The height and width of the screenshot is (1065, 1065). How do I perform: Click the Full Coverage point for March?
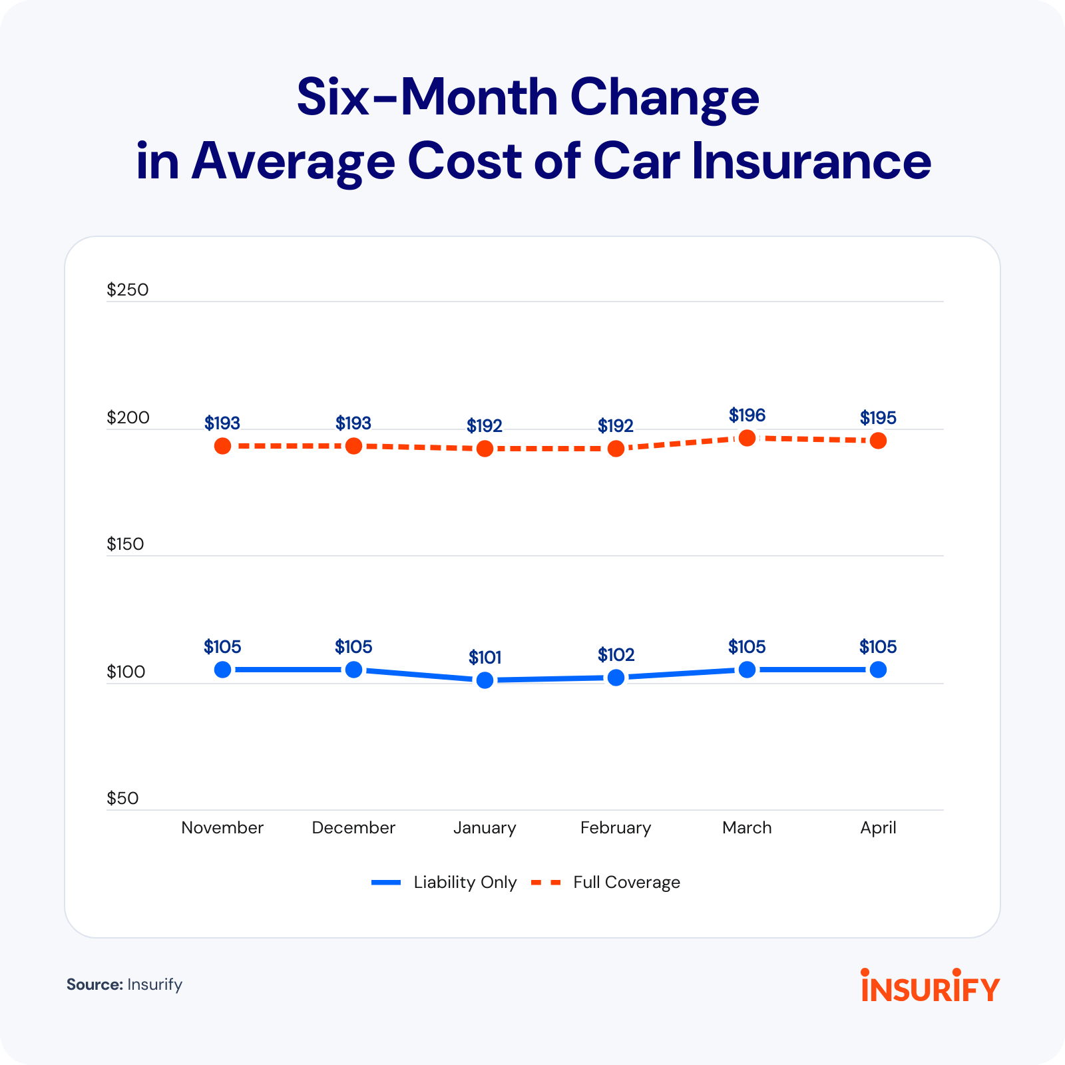[x=747, y=438]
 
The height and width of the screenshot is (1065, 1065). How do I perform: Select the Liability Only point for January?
[x=485, y=680]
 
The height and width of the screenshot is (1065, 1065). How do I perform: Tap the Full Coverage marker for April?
[x=878, y=441]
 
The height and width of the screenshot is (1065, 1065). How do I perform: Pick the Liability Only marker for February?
[x=616, y=678]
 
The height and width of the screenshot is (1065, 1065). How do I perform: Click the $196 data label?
[x=747, y=415]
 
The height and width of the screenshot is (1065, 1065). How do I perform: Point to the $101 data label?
[x=485, y=658]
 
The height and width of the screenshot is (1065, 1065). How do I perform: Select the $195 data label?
[x=878, y=418]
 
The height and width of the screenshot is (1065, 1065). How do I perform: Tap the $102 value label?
[x=616, y=655]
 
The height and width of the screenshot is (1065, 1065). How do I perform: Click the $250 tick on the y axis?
[x=128, y=290]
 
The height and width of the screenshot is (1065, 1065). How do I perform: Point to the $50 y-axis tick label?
[x=122, y=798]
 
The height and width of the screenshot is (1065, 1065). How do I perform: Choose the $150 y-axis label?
[x=125, y=544]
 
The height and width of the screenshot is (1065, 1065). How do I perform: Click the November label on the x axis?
[x=222, y=827]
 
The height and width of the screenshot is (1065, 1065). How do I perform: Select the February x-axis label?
[x=616, y=827]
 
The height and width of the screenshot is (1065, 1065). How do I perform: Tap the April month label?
[x=878, y=827]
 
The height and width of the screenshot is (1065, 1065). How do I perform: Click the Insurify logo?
[x=930, y=986]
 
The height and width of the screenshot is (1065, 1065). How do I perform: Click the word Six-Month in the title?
[x=426, y=97]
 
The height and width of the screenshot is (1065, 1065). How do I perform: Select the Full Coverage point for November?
[x=222, y=446]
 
